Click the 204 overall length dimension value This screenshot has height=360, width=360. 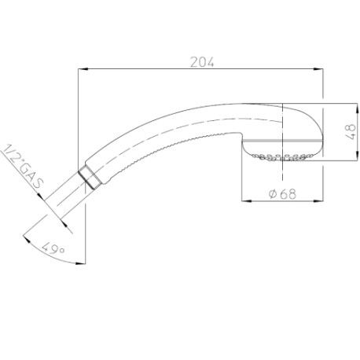(x=202, y=62)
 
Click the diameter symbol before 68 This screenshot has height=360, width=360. (x=270, y=194)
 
